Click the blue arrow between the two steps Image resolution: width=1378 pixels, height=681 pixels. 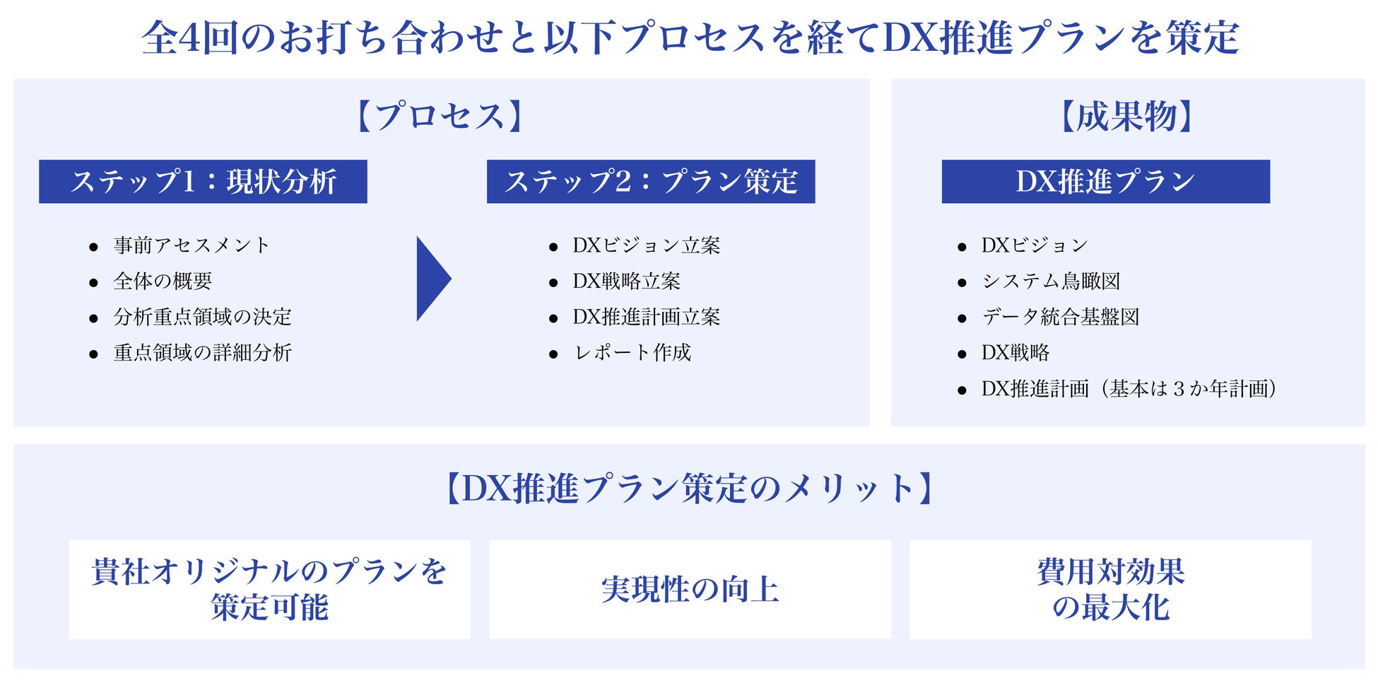tap(432, 279)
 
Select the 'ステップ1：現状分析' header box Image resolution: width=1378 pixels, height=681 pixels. tap(203, 182)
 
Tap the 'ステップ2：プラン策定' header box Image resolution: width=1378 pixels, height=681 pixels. tap(650, 182)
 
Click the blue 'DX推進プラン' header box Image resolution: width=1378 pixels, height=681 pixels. tap(1105, 182)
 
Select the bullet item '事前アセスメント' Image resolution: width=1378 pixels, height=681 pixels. tap(191, 245)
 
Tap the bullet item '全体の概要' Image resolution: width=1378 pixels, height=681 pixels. tap(163, 281)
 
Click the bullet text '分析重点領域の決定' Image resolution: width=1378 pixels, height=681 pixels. tap(202, 317)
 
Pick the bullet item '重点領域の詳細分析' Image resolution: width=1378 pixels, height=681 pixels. tap(202, 353)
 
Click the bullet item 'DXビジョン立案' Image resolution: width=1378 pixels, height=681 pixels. tap(646, 245)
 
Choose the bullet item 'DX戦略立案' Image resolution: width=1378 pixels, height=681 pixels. tap(626, 281)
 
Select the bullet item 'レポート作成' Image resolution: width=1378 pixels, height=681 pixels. tap(632, 353)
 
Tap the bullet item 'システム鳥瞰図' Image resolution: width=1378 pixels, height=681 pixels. tap(1051, 281)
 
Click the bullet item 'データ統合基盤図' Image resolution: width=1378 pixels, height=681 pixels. tap(1060, 317)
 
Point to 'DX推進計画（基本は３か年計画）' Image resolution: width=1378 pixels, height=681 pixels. tap(1129, 389)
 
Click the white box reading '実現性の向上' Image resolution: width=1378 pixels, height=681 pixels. tap(690, 590)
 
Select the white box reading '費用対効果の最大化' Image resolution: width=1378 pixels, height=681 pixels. tap(1110, 590)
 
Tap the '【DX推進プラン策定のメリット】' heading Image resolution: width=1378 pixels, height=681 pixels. tap(689, 489)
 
